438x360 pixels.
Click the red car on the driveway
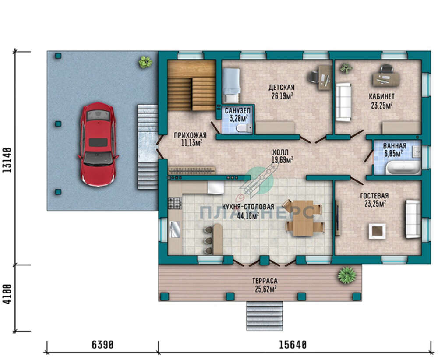[x=98, y=144]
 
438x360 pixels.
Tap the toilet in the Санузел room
[x=243, y=128]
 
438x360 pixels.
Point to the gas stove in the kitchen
[x=175, y=203]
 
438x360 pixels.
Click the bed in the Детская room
[x=231, y=85]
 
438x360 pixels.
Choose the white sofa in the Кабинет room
[x=343, y=102]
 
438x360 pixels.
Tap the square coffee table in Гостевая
[x=377, y=231]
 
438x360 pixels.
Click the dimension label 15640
[x=293, y=345]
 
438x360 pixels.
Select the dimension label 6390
[x=102, y=345]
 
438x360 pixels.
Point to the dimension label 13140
[x=7, y=160]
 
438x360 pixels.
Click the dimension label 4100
[x=7, y=294]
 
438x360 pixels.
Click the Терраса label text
[x=265, y=281]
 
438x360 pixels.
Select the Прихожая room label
[x=190, y=135]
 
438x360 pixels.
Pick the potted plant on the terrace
[x=347, y=275]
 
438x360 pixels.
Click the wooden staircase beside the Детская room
[x=192, y=85]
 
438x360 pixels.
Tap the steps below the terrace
[x=264, y=316]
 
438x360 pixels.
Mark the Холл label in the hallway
[x=280, y=152]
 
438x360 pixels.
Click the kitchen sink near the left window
[x=175, y=229]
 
